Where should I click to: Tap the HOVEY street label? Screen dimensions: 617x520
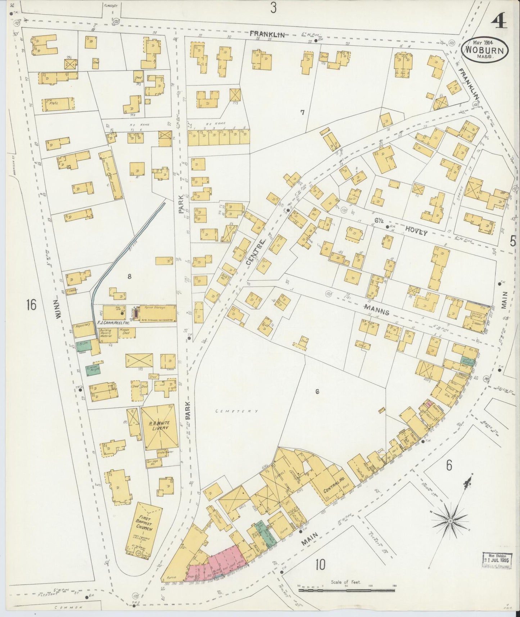click(x=416, y=232)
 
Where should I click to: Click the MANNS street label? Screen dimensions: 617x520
click(x=376, y=311)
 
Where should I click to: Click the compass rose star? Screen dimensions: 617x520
click(x=450, y=521)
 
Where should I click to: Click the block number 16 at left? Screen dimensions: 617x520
click(x=31, y=305)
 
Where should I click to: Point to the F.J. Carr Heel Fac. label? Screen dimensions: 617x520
click(x=113, y=323)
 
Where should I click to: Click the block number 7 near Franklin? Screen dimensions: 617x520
click(x=302, y=113)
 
